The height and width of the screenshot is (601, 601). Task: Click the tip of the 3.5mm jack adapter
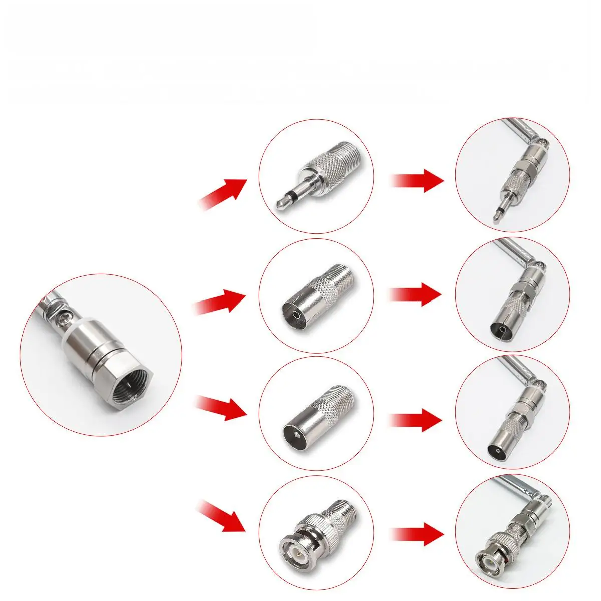point(279,204)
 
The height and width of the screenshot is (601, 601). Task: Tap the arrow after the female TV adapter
point(416,293)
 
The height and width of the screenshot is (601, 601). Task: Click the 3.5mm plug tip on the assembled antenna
point(496,214)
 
